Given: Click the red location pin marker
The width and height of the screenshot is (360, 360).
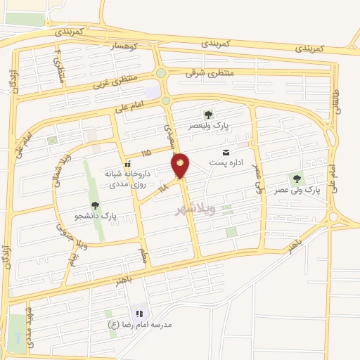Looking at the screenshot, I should [181, 166].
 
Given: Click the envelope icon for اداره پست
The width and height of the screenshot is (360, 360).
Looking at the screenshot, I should [226, 152].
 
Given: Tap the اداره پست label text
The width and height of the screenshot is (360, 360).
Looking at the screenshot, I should [226, 163].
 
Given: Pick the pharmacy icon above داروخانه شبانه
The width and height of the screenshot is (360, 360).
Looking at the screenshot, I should [127, 165].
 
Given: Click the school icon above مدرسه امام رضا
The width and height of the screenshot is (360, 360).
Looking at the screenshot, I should [138, 314].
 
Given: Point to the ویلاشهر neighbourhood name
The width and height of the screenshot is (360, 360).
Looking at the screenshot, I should [194, 210].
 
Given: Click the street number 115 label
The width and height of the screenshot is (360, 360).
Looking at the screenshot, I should [146, 153].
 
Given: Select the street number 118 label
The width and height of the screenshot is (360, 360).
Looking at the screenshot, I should [162, 187].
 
